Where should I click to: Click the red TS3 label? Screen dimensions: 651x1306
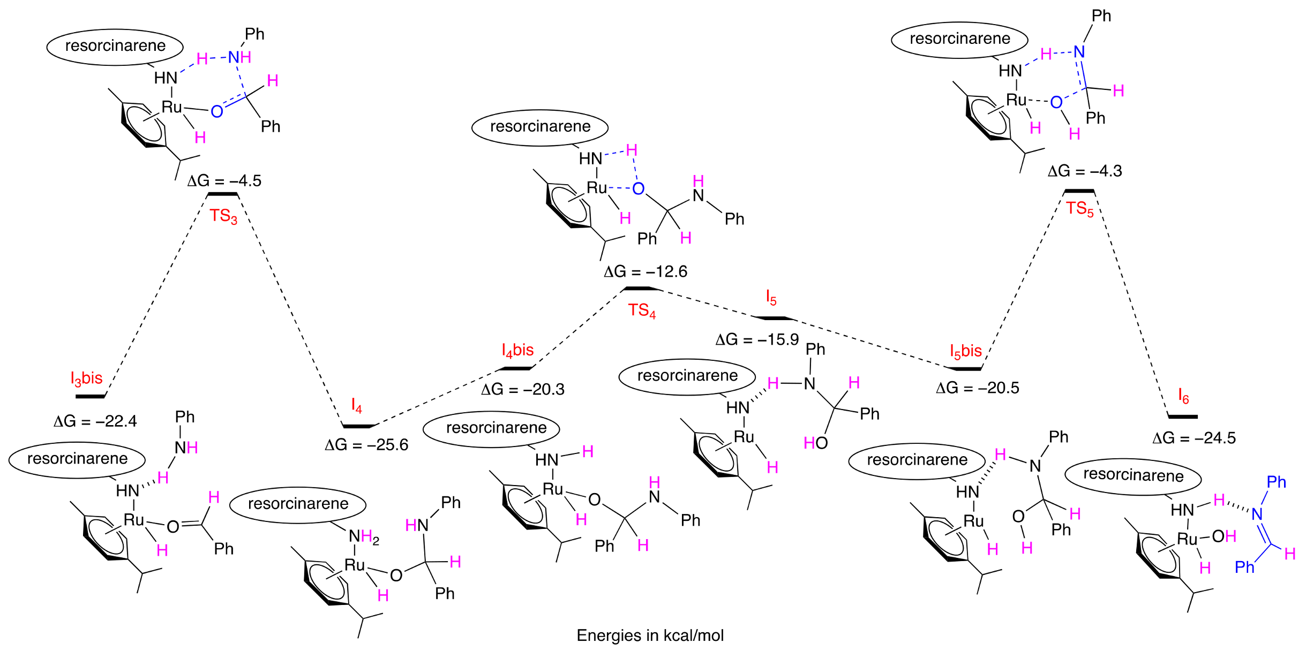click(x=223, y=216)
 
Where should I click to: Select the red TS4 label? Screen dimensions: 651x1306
click(x=641, y=310)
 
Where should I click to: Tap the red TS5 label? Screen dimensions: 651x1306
click(x=1079, y=208)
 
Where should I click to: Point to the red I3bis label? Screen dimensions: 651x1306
click(x=86, y=378)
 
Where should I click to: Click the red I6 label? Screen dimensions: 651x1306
click(x=1183, y=396)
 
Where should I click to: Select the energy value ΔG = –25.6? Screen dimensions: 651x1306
click(x=366, y=445)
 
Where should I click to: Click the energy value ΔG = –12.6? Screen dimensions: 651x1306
click(x=645, y=271)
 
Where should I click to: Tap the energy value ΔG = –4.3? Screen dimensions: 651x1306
click(x=1084, y=171)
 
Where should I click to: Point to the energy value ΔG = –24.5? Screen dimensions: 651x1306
click(x=1194, y=438)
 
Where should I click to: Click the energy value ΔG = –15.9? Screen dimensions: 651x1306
click(x=757, y=339)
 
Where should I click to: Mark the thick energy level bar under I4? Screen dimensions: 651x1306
click(x=357, y=426)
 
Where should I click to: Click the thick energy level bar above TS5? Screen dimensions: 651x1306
click(x=1079, y=191)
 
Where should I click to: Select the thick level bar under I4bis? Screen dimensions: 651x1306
click(x=515, y=368)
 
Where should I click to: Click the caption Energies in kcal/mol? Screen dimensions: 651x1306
click(x=650, y=635)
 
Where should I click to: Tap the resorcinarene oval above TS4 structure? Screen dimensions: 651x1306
click(x=540, y=127)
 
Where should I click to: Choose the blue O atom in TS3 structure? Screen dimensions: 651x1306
click(x=216, y=111)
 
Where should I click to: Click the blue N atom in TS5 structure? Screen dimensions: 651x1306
click(x=1079, y=52)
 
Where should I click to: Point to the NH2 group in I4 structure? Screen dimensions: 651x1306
click(x=364, y=536)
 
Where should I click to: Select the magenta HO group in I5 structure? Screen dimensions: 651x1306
click(x=816, y=443)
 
